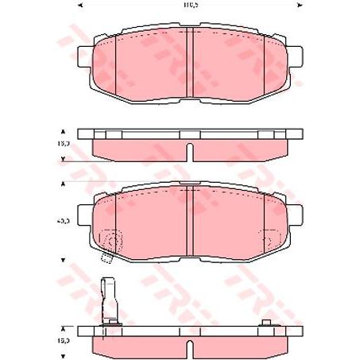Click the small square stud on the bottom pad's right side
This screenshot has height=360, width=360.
pyautogui.click(x=267, y=321)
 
